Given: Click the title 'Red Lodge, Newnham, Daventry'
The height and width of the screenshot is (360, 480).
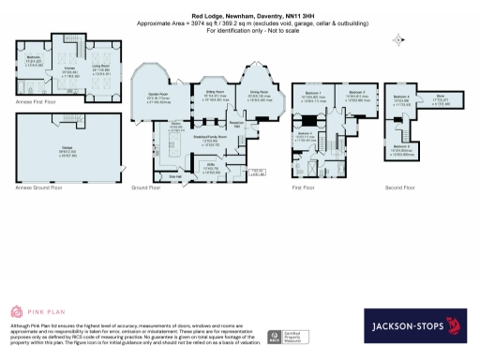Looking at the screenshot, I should pyautogui.click(x=240, y=15).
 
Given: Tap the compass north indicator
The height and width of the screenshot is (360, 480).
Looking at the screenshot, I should pyautogui.click(x=399, y=40).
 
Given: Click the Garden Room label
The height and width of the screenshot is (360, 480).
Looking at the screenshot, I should pyautogui.click(x=158, y=94).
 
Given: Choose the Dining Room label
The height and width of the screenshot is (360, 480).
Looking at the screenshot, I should pyautogui.click(x=258, y=94).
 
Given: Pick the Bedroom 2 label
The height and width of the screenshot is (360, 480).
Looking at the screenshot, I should pyautogui.click(x=354, y=94).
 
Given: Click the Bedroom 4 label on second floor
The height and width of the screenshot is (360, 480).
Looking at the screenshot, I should pyautogui.click(x=400, y=98).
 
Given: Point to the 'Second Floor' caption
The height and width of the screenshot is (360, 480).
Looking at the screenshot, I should pyautogui.click(x=400, y=187).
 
